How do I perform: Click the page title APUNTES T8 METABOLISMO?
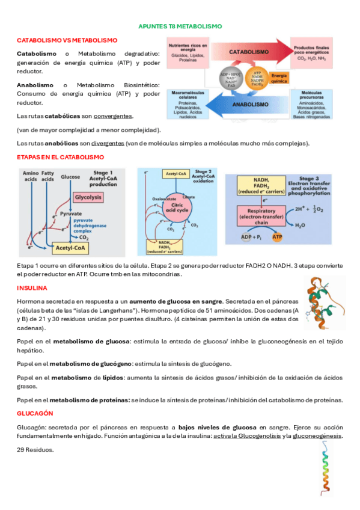click(180, 26)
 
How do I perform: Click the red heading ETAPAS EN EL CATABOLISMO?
click(60, 157)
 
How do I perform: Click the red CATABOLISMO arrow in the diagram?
click(249, 52)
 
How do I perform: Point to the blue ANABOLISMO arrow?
click(249, 103)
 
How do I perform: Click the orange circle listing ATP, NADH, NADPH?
click(257, 78)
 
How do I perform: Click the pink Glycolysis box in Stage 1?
click(88, 197)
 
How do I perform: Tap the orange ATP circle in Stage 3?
click(277, 238)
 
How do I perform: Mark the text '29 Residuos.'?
click(35, 450)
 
